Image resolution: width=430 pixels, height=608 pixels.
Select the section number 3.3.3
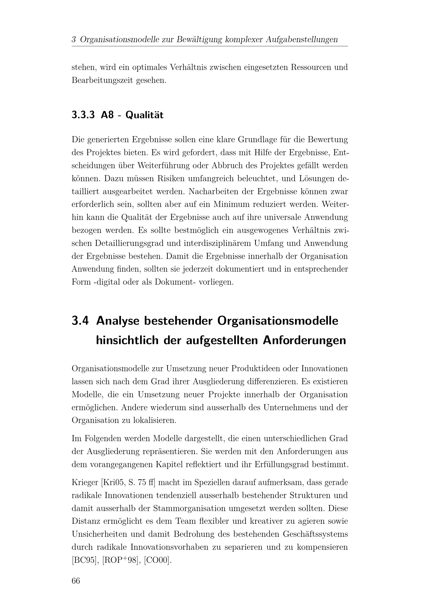click(83, 115)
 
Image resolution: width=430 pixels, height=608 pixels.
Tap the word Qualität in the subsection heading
click(144, 115)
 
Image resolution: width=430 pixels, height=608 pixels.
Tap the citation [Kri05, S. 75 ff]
click(128, 482)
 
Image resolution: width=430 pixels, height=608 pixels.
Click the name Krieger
click(85, 482)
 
